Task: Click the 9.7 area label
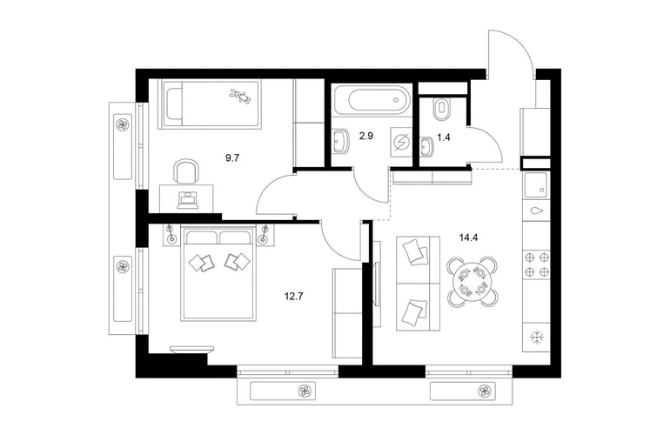coord(232,158)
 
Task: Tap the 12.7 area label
coord(293,296)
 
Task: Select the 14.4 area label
coord(468,238)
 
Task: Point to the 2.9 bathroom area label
coord(366,137)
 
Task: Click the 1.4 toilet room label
coord(443,137)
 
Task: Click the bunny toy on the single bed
coord(240,96)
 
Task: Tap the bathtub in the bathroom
coord(372,100)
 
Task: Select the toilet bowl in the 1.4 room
coord(441,110)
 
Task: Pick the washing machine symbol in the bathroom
coord(402,142)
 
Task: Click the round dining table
coord(472,281)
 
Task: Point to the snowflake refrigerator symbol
coord(537,338)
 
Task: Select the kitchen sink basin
coord(536,185)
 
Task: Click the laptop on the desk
coord(188,200)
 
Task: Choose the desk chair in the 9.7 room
coord(187,171)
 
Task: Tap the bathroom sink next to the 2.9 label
coord(341,141)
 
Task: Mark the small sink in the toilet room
coord(426,145)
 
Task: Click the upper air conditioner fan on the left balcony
coord(123,124)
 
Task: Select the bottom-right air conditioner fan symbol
coord(484,391)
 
